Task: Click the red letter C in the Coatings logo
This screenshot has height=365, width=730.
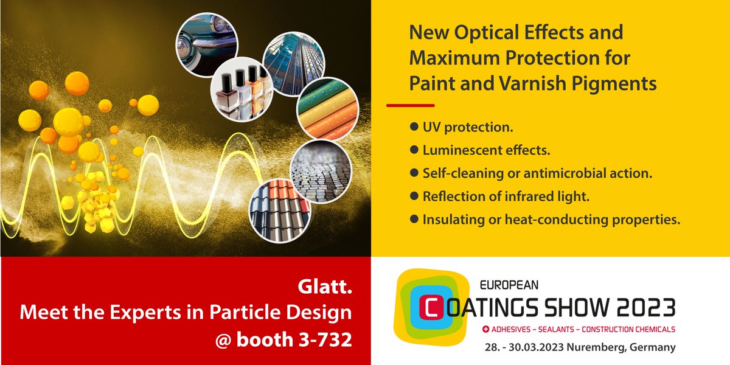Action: click(428, 308)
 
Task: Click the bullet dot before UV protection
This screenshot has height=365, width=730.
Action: click(414, 128)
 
